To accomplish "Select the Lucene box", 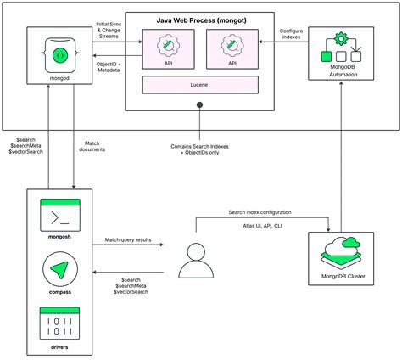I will pyautogui.click(x=199, y=84).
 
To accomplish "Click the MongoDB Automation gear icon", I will pyautogui.click(x=340, y=40).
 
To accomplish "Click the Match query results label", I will pyautogui.click(x=127, y=241).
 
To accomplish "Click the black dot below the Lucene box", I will pyautogui.click(x=200, y=105).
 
